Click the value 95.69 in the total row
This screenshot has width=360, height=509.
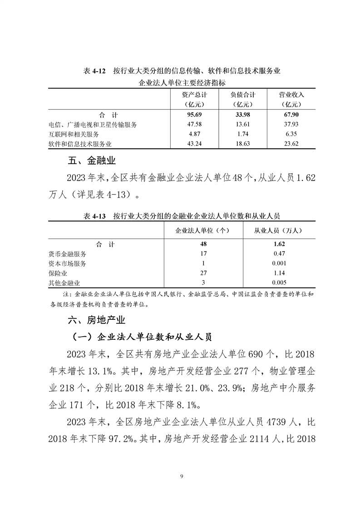coord(194,115)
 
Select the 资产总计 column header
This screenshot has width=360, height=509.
coord(194,95)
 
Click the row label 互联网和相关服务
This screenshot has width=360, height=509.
coord(74,134)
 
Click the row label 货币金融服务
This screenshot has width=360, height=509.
coord(67,254)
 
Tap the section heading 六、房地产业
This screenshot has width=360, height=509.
coord(96,321)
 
